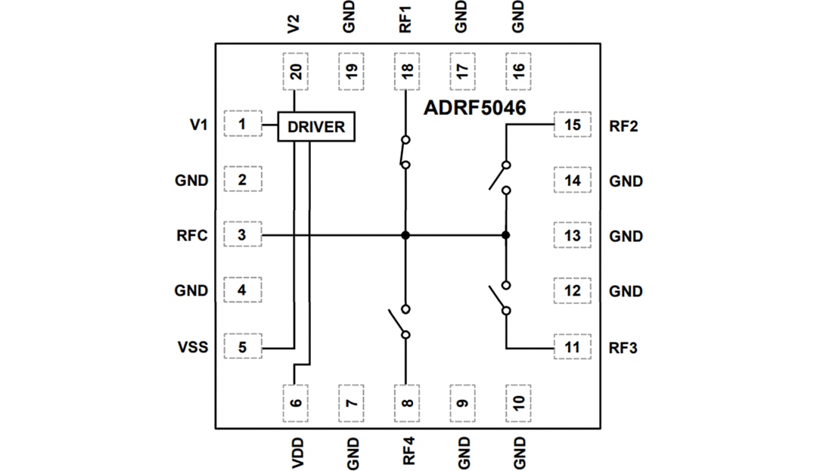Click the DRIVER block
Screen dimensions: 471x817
point(316,126)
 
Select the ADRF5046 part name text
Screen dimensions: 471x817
point(474,108)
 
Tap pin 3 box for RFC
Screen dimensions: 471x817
point(242,235)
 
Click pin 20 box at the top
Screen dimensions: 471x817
point(296,72)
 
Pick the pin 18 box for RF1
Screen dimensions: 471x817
point(407,72)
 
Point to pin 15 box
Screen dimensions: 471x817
point(573,125)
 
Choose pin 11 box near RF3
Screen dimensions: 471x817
point(573,348)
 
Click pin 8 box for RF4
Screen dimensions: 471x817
point(407,401)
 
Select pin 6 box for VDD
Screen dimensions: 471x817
point(296,401)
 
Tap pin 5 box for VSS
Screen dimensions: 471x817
point(242,348)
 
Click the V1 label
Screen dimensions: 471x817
point(198,125)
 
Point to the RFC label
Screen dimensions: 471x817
point(192,235)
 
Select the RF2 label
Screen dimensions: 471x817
point(623,125)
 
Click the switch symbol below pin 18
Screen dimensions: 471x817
point(405,152)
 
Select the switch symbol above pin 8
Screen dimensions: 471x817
point(401,321)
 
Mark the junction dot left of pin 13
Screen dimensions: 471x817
point(505,235)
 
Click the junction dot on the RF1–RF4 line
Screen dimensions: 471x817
point(406,235)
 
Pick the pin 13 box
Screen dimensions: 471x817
point(573,235)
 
